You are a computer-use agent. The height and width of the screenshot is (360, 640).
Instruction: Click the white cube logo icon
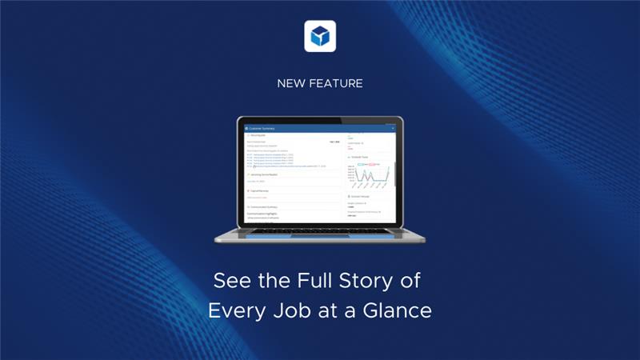click(x=320, y=36)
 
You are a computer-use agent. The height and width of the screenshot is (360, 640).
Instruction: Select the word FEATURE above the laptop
click(x=337, y=83)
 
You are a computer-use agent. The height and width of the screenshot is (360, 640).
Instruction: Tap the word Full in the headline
click(x=293, y=282)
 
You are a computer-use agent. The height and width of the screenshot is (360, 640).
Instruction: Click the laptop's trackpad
click(x=320, y=238)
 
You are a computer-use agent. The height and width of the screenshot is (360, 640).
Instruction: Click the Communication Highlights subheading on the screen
click(x=272, y=214)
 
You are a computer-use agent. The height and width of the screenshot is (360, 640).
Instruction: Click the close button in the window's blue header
click(x=393, y=128)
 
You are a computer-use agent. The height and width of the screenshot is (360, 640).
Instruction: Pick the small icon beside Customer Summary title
click(x=248, y=128)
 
